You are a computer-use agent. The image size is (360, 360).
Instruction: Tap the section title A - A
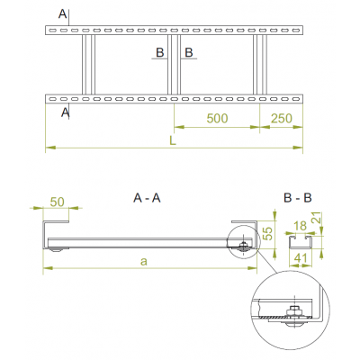pos(146,195)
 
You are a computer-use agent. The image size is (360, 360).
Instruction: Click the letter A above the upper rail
pos(61,13)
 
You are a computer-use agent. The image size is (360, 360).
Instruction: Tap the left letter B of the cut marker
pos(159,54)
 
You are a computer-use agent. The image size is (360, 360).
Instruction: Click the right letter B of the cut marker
pos(189,54)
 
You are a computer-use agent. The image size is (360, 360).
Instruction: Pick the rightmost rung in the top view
pos(260,63)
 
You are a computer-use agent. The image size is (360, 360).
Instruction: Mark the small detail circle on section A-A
pos(244,247)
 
